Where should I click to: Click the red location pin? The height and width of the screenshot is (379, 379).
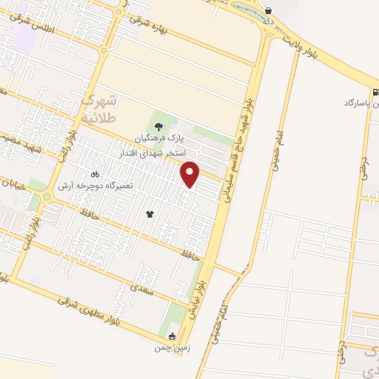click(190, 174)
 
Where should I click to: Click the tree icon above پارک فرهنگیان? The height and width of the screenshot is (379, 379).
click(157, 124)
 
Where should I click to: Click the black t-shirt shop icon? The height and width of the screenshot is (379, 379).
click(150, 213)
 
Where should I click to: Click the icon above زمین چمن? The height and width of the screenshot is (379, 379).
click(163, 335)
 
